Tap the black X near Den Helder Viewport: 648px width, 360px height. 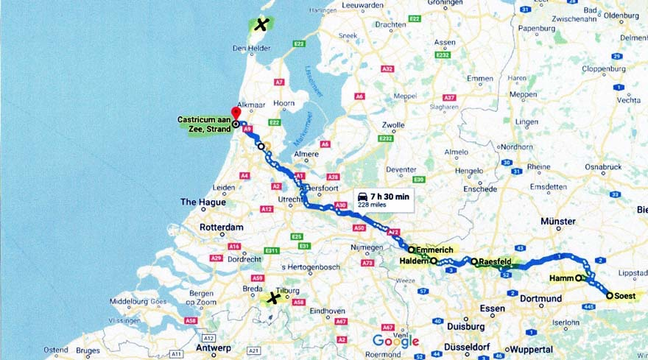261,25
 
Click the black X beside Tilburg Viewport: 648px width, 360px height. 274,298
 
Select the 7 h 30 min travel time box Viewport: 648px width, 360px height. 383,200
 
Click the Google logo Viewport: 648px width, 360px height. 395,341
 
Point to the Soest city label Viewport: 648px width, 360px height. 626,295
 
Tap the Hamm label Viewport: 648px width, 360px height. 561,278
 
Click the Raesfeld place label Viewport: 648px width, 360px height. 495,261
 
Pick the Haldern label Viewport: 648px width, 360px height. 414,261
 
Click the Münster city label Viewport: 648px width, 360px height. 557,221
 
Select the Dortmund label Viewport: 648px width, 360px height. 540,299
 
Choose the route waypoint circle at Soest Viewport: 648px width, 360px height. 609,295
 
